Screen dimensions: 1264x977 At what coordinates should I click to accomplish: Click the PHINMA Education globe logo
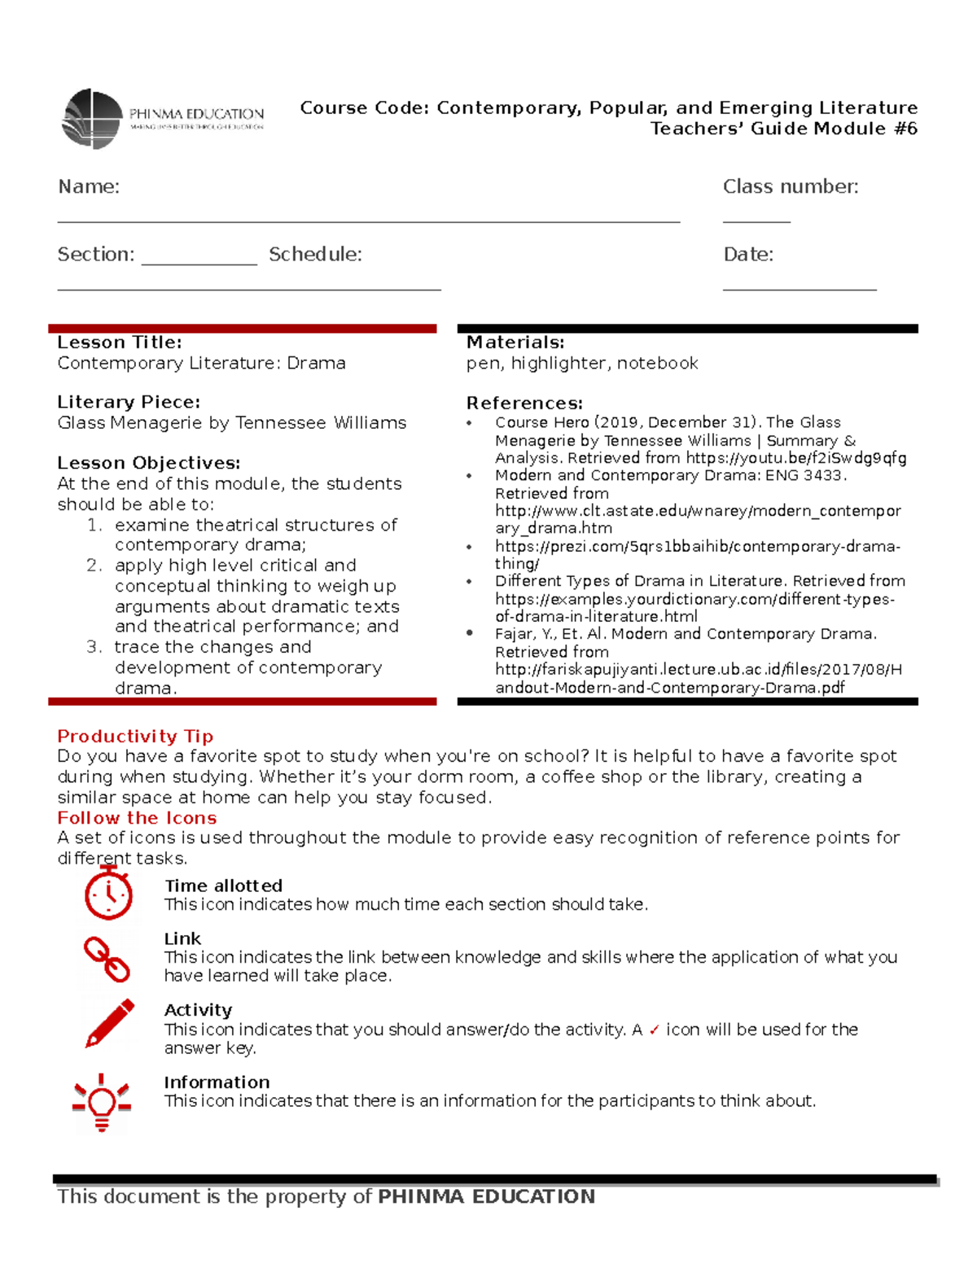(93, 119)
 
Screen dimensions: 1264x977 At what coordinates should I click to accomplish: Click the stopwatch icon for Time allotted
(108, 893)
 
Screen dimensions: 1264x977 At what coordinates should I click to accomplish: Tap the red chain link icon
(107, 959)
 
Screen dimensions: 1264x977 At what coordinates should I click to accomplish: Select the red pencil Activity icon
(110, 1023)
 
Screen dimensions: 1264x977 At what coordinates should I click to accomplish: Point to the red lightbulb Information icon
(102, 1102)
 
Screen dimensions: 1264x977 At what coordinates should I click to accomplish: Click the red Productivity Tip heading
(135, 736)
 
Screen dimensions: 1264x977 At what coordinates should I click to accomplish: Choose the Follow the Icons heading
(137, 818)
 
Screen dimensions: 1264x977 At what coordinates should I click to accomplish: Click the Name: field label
(88, 186)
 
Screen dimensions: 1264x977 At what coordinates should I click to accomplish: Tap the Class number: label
(790, 186)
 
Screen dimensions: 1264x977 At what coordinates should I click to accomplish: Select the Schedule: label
(315, 254)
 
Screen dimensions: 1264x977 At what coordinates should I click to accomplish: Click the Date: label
(747, 254)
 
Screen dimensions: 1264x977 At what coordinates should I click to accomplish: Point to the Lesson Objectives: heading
(148, 463)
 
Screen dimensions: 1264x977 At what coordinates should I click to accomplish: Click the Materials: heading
(515, 343)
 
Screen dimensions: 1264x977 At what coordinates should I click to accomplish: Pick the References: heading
(524, 403)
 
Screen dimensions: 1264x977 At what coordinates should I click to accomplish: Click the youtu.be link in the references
(795, 458)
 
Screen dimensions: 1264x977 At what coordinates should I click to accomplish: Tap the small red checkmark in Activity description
(654, 1030)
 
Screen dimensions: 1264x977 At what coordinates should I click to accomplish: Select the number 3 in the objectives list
(93, 647)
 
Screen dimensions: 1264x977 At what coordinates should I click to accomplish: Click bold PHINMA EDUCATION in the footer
(486, 1196)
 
